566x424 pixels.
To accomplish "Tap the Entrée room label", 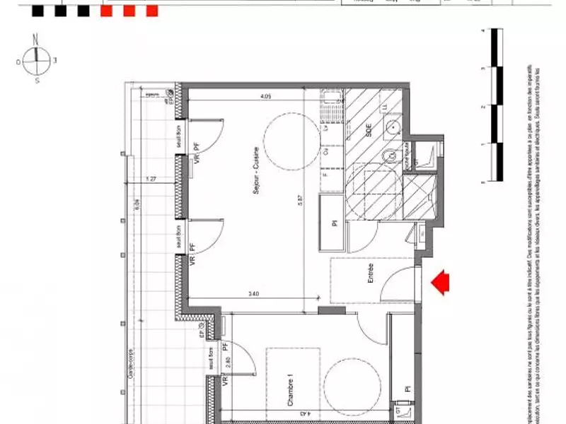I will tap(370, 274).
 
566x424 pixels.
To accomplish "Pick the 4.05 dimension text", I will tap(265, 96).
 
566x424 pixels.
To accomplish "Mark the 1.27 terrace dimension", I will tap(151, 179).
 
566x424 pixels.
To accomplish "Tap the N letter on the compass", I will tap(35, 40).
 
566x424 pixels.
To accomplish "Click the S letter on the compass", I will tap(36, 81).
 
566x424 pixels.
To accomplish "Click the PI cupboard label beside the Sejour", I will tap(334, 223).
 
